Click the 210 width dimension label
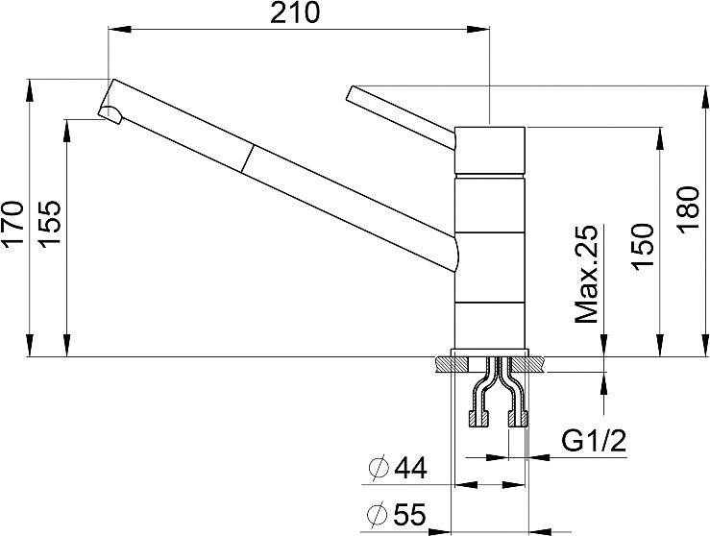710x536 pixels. (295, 12)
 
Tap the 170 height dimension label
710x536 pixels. (12, 222)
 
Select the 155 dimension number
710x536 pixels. (49, 224)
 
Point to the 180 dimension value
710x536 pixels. (688, 209)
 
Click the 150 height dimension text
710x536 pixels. (643, 247)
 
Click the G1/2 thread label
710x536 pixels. (594, 441)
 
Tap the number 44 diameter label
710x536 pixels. (411, 468)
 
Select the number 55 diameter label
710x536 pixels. (410, 514)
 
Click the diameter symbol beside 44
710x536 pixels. (379, 468)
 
